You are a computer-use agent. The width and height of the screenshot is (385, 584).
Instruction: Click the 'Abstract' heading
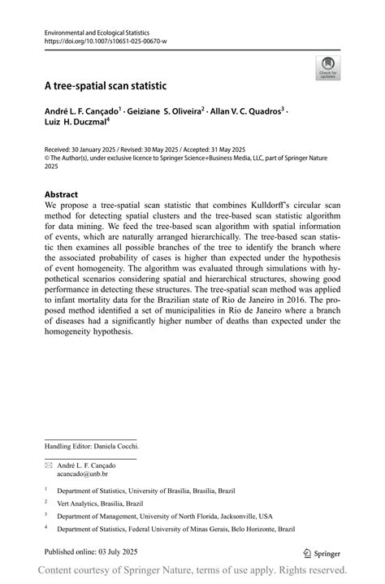pyautogui.click(x=61, y=195)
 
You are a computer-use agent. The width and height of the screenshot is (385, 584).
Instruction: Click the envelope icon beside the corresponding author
pyautogui.click(x=48, y=465)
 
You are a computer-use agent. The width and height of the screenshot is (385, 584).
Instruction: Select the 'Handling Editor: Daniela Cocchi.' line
pyautogui.click(x=91, y=446)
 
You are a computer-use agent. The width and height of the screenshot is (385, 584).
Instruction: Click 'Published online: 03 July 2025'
pyautogui.click(x=90, y=551)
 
